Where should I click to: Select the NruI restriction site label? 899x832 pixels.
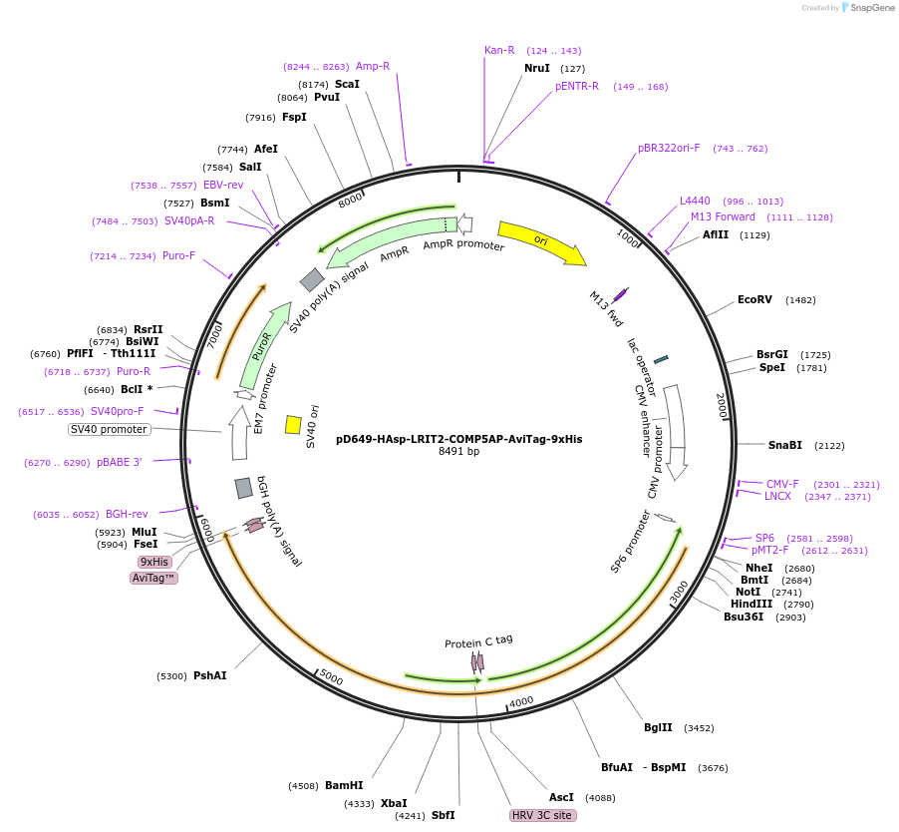[x=537, y=69]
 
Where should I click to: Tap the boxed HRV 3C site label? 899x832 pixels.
[x=542, y=815]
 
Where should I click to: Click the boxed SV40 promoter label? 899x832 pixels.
[x=109, y=429]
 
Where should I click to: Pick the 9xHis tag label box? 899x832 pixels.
[x=154, y=562]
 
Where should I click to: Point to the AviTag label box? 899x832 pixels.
[x=154, y=578]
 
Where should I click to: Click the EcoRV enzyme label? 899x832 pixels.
[x=754, y=299]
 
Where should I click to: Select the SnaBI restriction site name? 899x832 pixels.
[x=784, y=445]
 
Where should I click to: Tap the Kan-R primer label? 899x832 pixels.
[x=499, y=50]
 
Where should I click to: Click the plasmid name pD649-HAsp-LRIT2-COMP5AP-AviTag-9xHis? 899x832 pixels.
[x=458, y=438]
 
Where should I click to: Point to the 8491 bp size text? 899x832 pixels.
[x=458, y=452]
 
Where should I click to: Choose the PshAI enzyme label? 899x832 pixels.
[x=209, y=675]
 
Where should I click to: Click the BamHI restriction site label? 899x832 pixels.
[x=344, y=785]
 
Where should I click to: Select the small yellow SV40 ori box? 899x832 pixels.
[x=293, y=425]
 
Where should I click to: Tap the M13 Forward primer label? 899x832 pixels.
[x=723, y=216]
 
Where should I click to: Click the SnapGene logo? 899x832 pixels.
[x=868, y=8]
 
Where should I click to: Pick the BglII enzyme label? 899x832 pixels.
[x=658, y=727]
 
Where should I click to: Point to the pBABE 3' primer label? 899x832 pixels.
[x=120, y=463]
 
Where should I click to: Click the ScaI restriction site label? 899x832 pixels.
[x=347, y=84]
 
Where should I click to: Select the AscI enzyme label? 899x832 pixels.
[x=562, y=797]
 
